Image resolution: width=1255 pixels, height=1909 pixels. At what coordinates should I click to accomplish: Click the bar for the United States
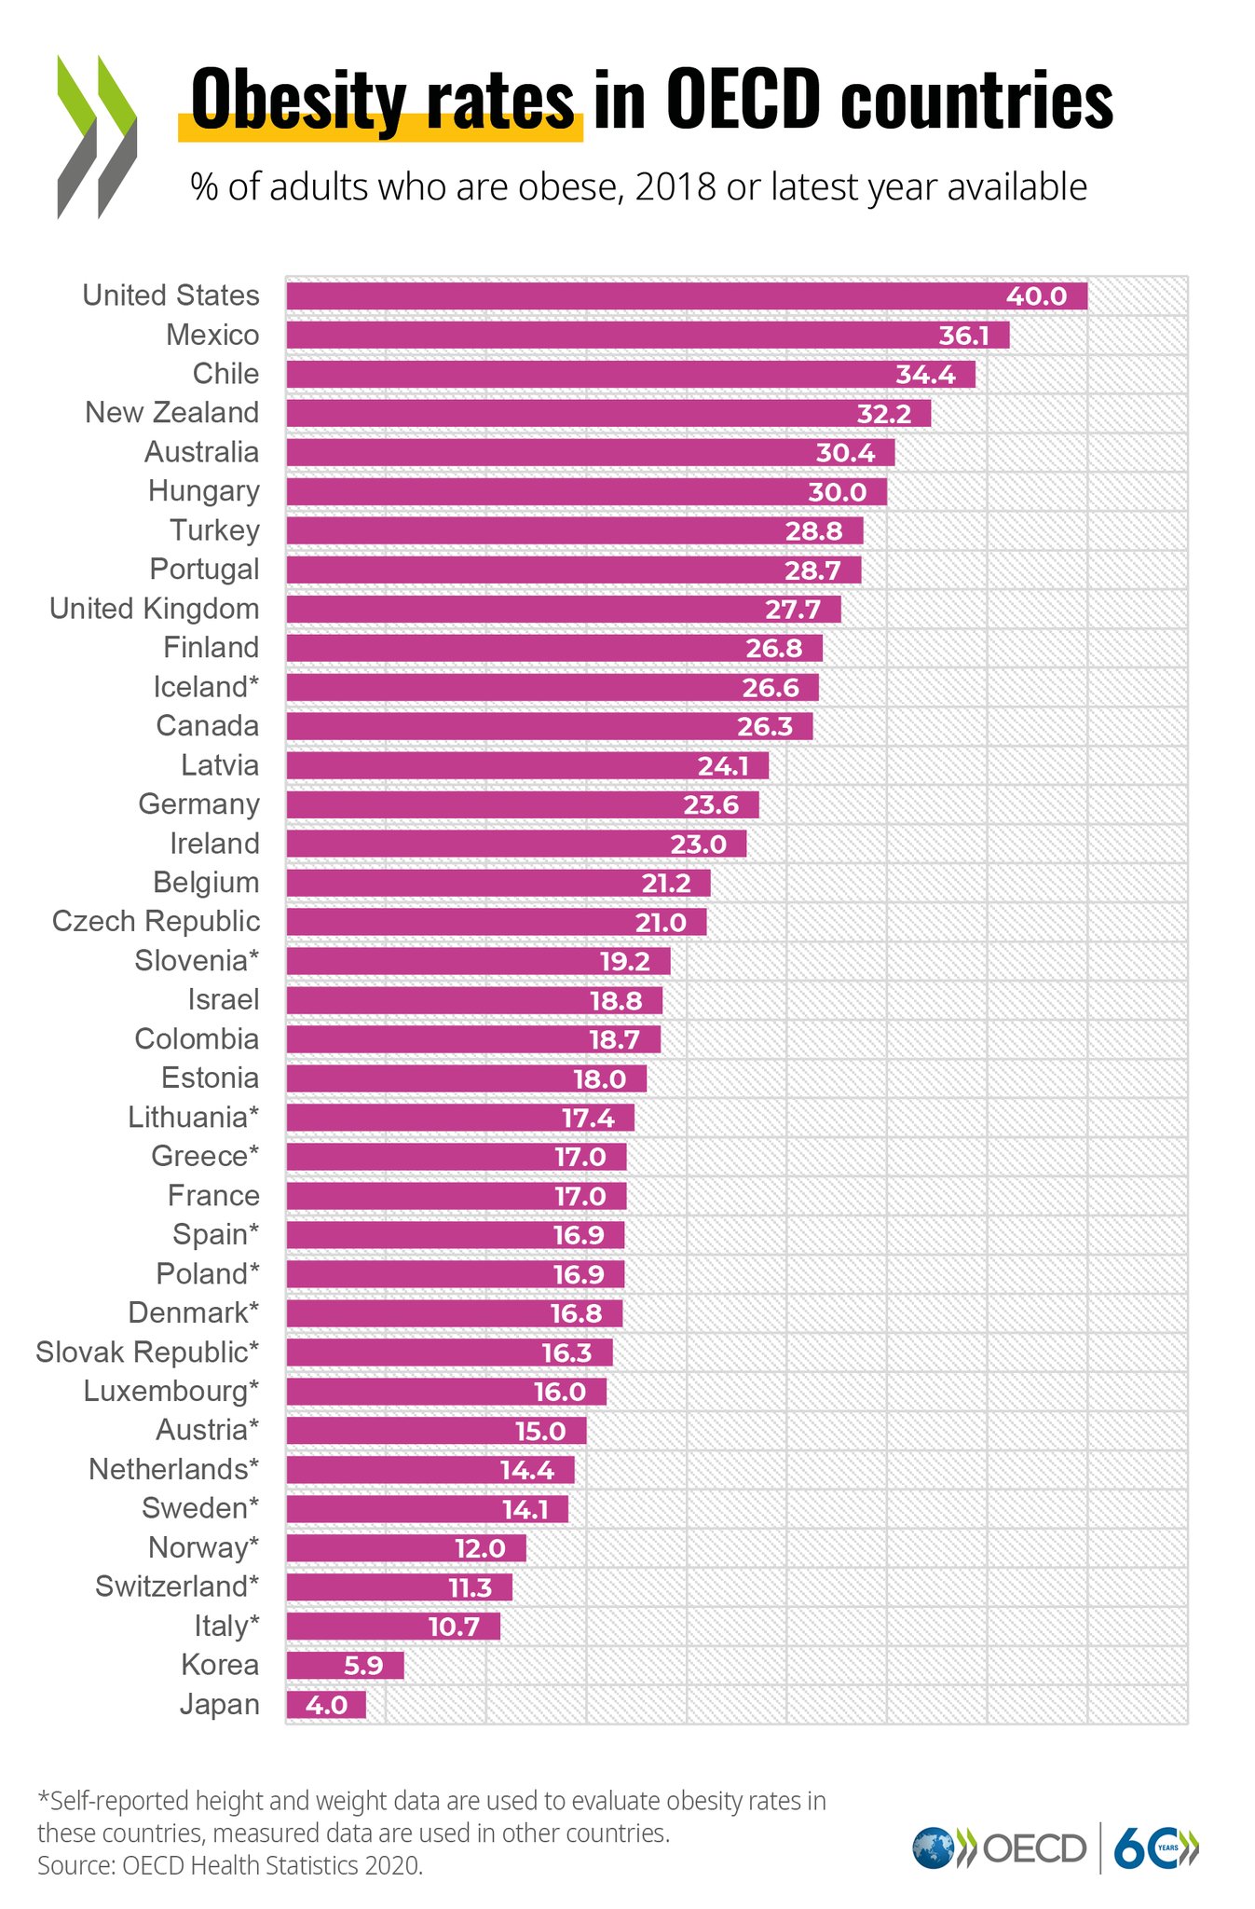(686, 296)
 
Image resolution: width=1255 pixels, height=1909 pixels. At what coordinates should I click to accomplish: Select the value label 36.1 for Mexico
(963, 336)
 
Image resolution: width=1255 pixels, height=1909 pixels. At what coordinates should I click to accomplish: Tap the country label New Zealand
(171, 412)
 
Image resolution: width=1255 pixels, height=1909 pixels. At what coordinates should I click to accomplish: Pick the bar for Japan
(326, 1705)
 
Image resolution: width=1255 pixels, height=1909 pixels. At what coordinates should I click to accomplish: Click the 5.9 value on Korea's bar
(358, 1666)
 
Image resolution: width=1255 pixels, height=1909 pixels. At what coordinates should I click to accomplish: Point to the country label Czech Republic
(156, 921)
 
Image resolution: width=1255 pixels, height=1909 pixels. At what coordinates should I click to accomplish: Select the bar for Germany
(522, 804)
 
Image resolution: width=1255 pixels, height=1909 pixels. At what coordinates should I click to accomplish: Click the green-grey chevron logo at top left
(97, 137)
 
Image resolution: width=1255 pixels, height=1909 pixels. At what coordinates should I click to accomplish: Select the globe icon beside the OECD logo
(933, 1847)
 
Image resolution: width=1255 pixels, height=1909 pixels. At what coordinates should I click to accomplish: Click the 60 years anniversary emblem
(1155, 1847)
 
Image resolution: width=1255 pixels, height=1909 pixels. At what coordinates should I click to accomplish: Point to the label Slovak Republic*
(147, 1352)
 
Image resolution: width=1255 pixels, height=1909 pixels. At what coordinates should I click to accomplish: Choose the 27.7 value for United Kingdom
(793, 610)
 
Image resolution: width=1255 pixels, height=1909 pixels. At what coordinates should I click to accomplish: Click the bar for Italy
(392, 1627)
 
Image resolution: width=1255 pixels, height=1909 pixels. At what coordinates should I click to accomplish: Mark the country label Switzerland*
(177, 1586)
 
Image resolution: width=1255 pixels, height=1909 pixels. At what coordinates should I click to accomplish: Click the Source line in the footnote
(230, 1865)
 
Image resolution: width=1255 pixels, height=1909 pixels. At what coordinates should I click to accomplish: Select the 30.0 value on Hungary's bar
(837, 492)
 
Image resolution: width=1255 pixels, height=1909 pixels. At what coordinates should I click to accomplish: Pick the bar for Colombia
(472, 1039)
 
